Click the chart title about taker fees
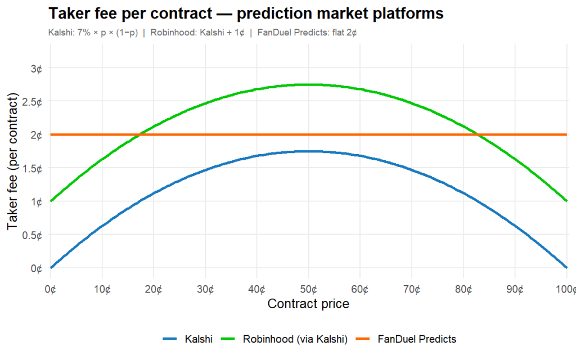click(x=246, y=13)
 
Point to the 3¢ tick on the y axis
click(x=37, y=69)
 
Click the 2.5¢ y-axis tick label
click(x=33, y=102)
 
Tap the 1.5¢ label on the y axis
click(x=33, y=168)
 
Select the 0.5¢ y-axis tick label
click(x=33, y=235)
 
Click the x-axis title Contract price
click(x=308, y=304)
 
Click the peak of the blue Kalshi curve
click(x=308, y=151)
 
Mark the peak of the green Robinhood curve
click(x=308, y=85)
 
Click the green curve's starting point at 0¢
click(x=51, y=201)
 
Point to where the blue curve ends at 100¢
click(x=566, y=267)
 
